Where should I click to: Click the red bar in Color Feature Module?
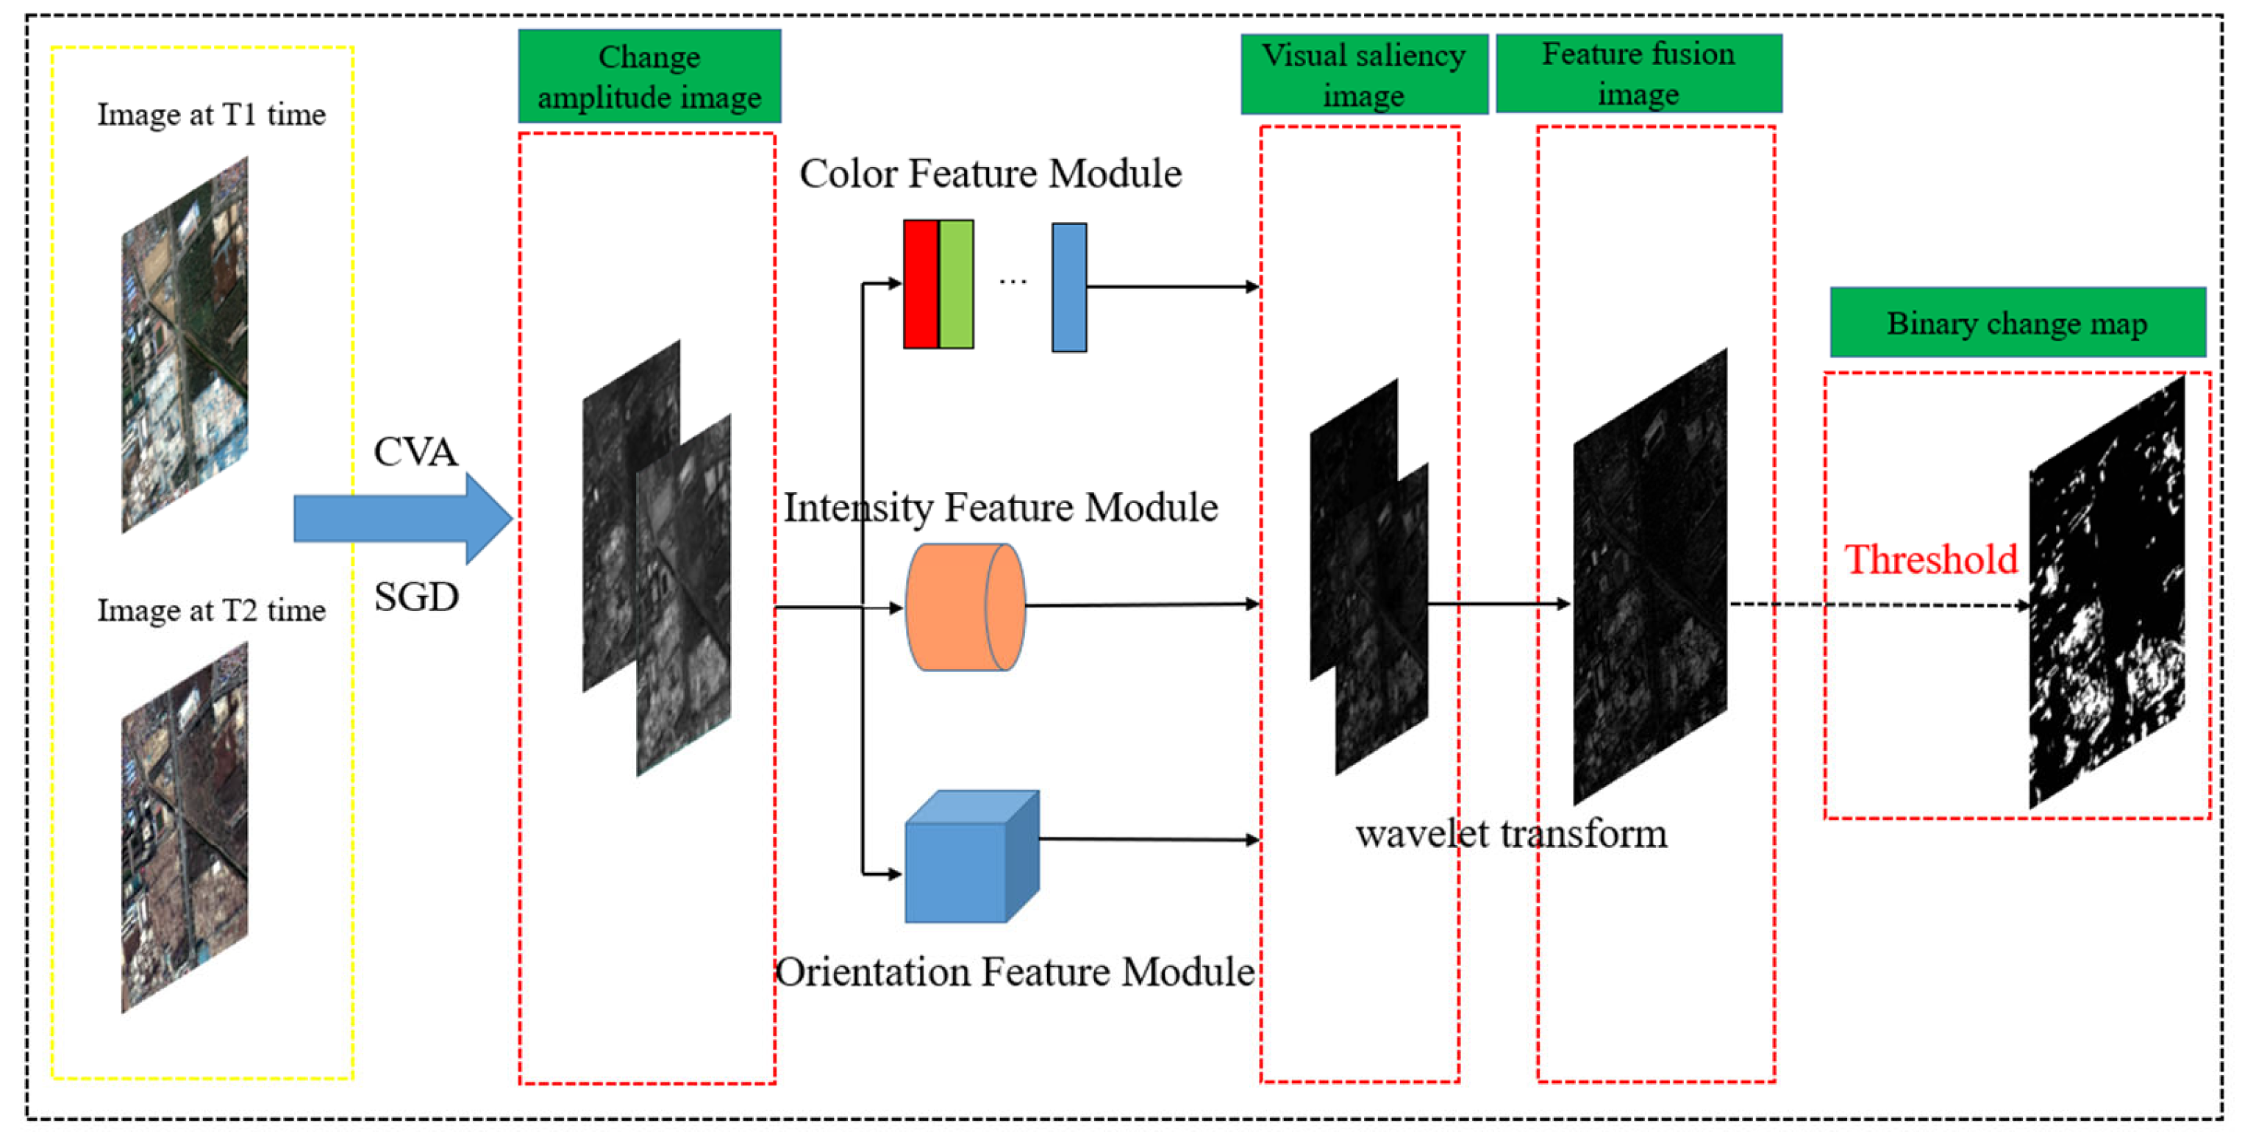(x=920, y=285)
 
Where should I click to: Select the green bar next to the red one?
(x=956, y=285)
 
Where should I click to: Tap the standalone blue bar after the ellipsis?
(x=1068, y=288)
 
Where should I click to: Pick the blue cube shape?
(x=971, y=857)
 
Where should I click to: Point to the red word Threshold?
(x=1930, y=560)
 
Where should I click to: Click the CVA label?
(x=415, y=452)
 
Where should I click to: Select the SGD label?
(x=416, y=597)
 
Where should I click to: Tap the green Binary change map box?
(x=2016, y=323)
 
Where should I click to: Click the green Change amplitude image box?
(x=649, y=76)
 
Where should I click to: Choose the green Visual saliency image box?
(x=1363, y=75)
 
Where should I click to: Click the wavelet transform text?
(x=1511, y=833)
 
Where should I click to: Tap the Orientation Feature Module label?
(x=1015, y=971)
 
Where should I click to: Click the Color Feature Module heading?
(x=990, y=174)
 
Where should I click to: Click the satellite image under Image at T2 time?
(x=185, y=827)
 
